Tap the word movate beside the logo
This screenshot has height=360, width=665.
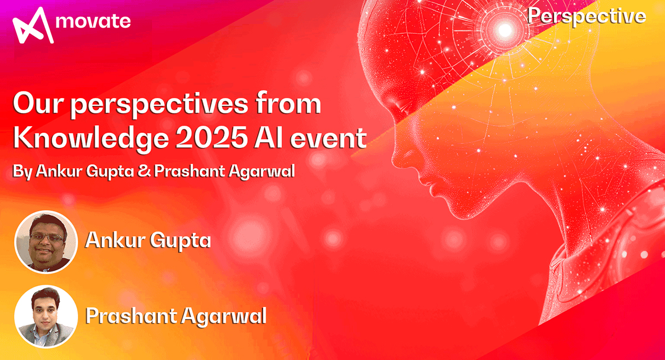94,22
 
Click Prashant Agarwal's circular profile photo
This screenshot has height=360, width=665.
46,317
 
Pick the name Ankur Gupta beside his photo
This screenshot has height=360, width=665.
147,241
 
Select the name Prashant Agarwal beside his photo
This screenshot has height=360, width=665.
176,316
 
